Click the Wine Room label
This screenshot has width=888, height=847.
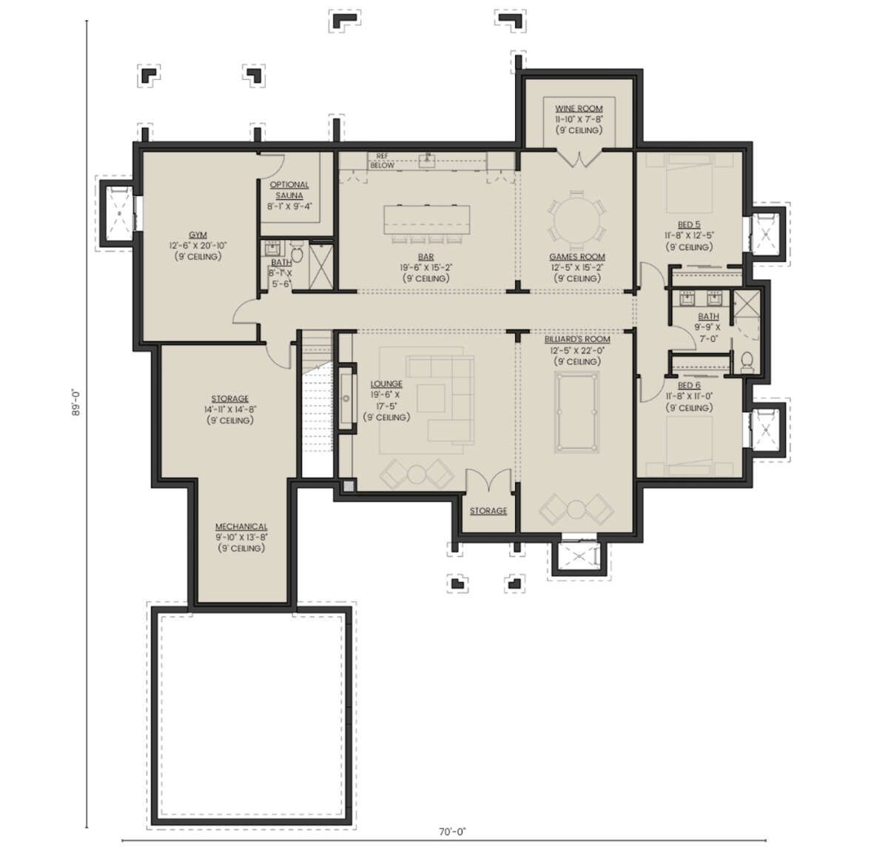(x=579, y=109)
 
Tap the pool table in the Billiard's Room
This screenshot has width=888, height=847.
(x=576, y=412)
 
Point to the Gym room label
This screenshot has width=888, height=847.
(x=198, y=235)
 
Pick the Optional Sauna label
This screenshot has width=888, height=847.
(x=289, y=190)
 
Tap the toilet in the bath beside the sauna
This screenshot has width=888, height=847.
(x=297, y=253)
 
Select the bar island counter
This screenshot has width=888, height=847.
(x=426, y=220)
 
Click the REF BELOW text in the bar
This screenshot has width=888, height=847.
(x=382, y=161)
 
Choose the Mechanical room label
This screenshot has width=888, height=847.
(x=241, y=526)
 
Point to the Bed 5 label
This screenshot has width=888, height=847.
(x=689, y=224)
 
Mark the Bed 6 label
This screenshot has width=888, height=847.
(x=689, y=385)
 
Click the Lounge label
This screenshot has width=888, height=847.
(x=386, y=384)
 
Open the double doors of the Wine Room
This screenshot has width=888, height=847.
(x=579, y=158)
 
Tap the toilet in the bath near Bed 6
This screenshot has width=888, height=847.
(x=747, y=362)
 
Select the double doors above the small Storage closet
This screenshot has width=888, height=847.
(x=488, y=481)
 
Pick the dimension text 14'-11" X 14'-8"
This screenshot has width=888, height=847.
(x=230, y=409)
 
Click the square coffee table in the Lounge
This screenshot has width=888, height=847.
(x=431, y=398)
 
